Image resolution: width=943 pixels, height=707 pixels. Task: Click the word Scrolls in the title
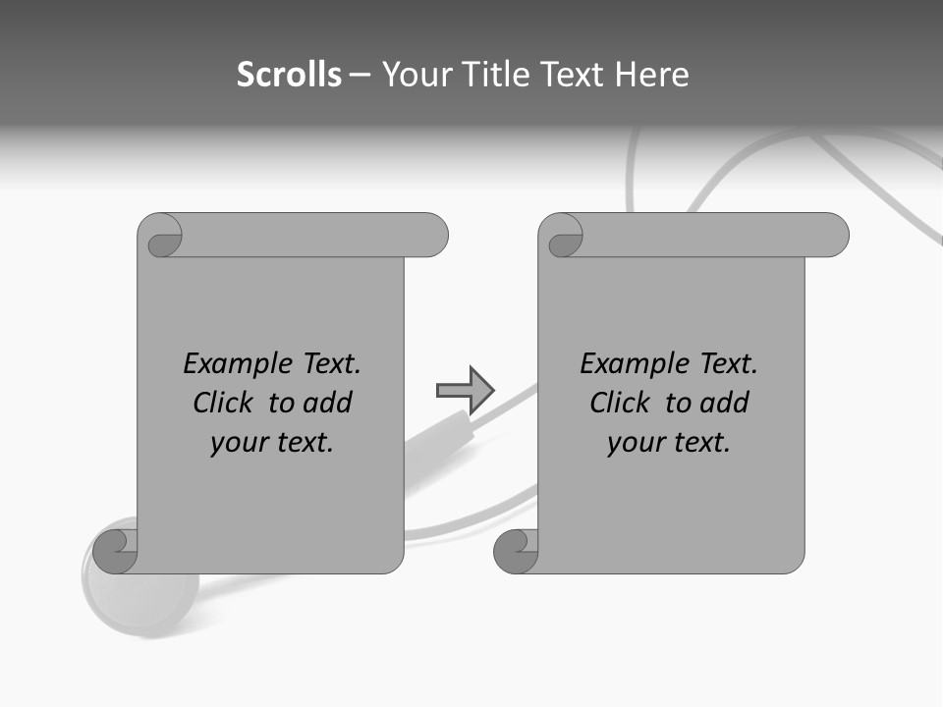(290, 75)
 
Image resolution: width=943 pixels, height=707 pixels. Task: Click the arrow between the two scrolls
(465, 391)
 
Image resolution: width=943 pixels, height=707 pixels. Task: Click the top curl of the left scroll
(163, 237)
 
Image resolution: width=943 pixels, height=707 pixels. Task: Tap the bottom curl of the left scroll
(117, 551)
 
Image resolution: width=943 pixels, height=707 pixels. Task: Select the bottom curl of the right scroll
(517, 551)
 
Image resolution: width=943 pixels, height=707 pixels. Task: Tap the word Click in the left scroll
(224, 403)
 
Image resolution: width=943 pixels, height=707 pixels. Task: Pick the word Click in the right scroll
(620, 403)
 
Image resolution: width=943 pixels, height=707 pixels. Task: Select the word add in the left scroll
(327, 403)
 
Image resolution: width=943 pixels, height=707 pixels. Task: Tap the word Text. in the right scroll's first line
(728, 364)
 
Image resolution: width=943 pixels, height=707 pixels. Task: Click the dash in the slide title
(360, 75)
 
